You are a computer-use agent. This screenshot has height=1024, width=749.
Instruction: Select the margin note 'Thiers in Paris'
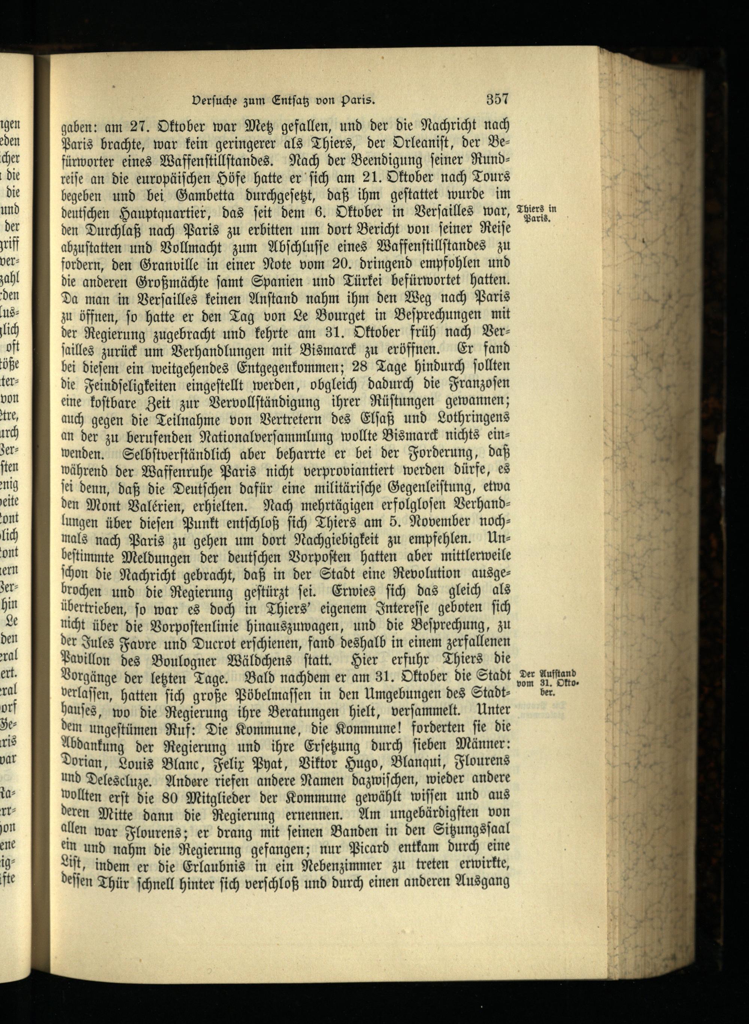[536, 213]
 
